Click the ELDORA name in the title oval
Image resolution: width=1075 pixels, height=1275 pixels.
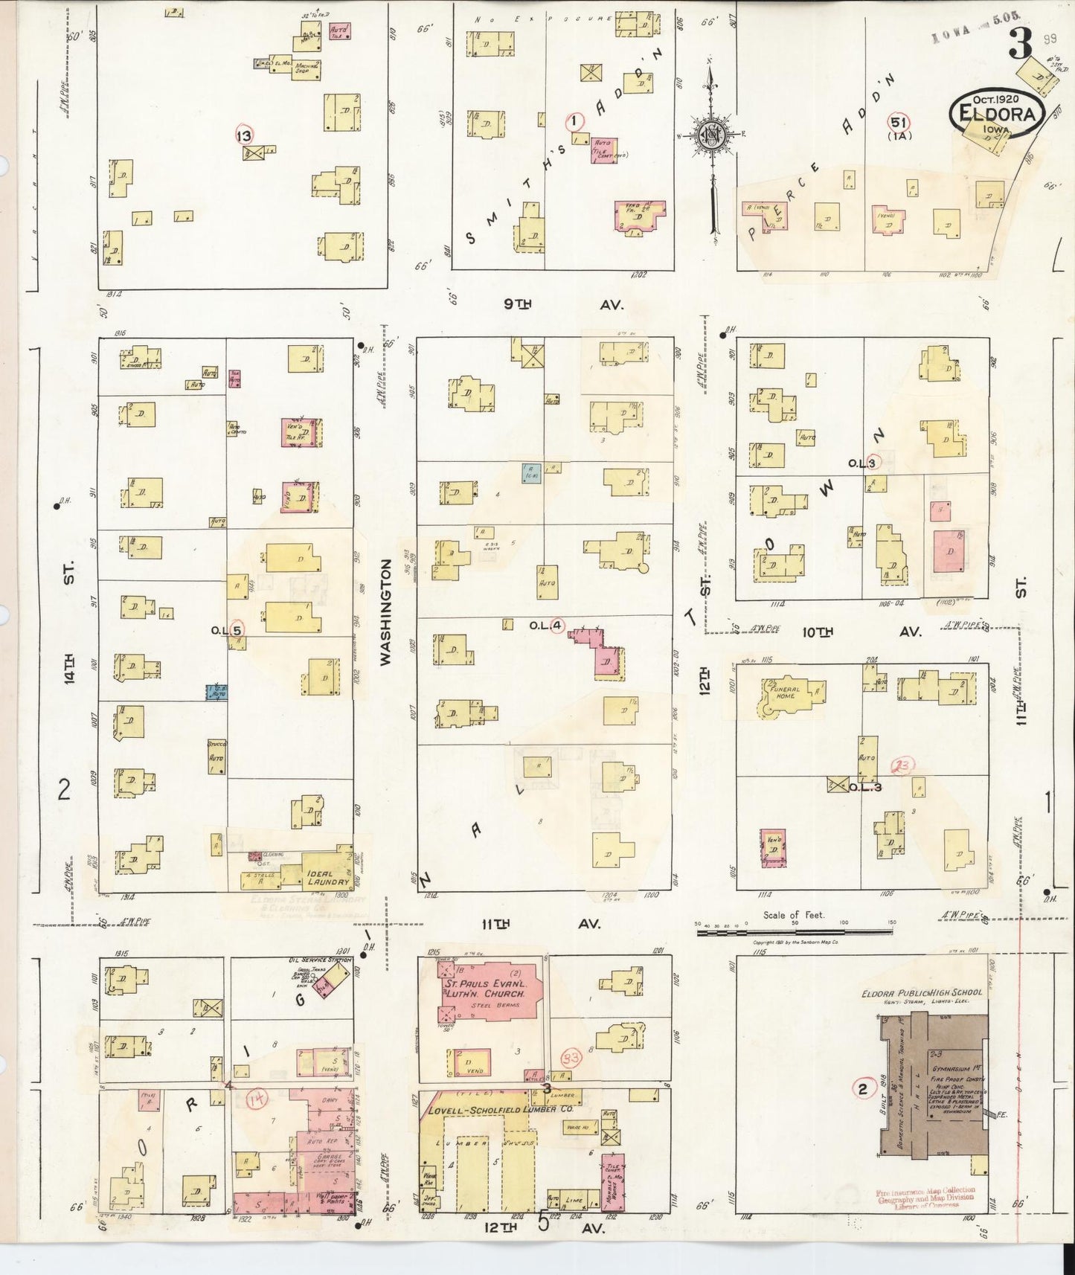tap(998, 114)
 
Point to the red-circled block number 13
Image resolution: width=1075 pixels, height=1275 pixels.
tap(244, 135)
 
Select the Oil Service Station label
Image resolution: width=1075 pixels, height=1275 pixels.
tap(319, 960)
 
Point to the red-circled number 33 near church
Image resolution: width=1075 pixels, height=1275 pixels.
tap(571, 1059)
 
